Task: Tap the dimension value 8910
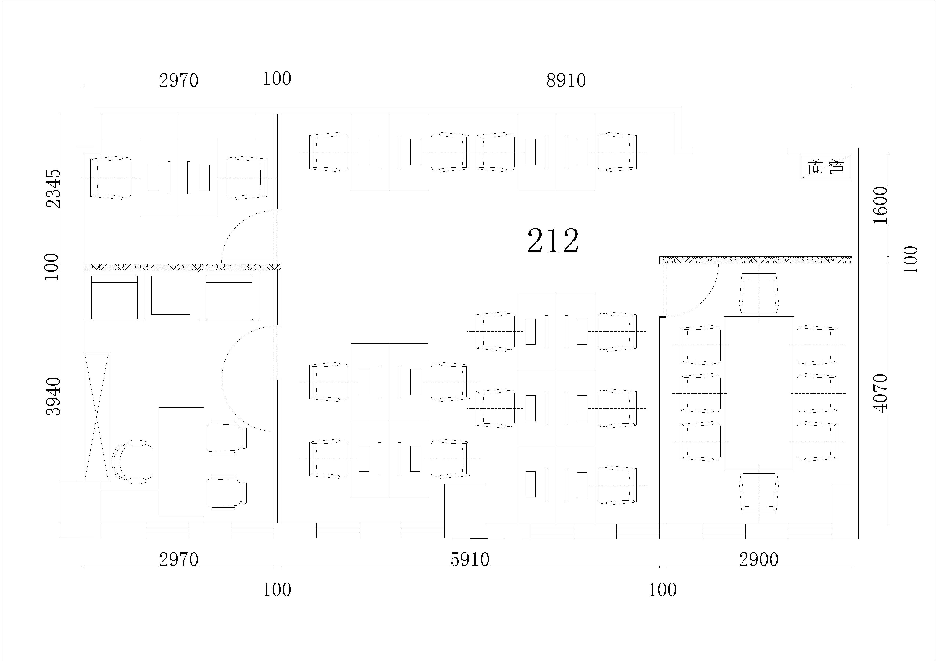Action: (x=566, y=81)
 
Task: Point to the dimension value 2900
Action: (x=759, y=560)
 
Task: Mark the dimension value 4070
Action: (x=881, y=393)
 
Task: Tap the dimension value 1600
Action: (x=881, y=205)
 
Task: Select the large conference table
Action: (x=759, y=393)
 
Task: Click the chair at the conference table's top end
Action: (x=759, y=294)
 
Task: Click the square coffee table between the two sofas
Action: (x=171, y=295)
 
